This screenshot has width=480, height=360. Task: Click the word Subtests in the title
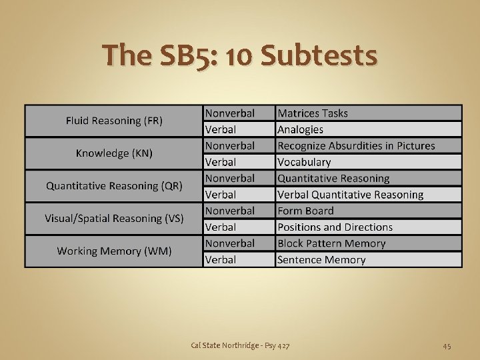click(x=319, y=55)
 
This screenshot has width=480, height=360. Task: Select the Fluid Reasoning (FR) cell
click(x=114, y=121)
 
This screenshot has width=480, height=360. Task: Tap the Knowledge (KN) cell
click(x=114, y=153)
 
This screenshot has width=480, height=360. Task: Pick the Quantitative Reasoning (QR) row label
click(x=114, y=186)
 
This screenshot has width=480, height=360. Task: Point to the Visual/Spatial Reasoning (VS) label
click(x=114, y=218)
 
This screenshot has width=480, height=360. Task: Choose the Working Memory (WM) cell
click(x=114, y=251)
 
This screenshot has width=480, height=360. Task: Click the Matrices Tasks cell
click(x=313, y=113)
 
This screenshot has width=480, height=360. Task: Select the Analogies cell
click(x=300, y=129)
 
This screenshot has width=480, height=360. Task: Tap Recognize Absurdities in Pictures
click(x=356, y=145)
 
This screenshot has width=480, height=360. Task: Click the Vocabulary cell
click(x=304, y=162)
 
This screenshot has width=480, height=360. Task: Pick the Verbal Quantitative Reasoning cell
click(x=350, y=195)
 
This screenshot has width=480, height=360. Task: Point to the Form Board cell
click(x=305, y=211)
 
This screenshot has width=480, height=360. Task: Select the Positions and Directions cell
click(x=335, y=227)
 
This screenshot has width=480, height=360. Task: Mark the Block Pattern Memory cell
click(x=331, y=243)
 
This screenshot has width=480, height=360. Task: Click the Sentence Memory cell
click(x=321, y=260)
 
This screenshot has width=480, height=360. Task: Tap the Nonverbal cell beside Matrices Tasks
click(x=230, y=113)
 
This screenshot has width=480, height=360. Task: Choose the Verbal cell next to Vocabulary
click(x=221, y=162)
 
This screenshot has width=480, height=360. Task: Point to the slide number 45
click(x=447, y=345)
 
